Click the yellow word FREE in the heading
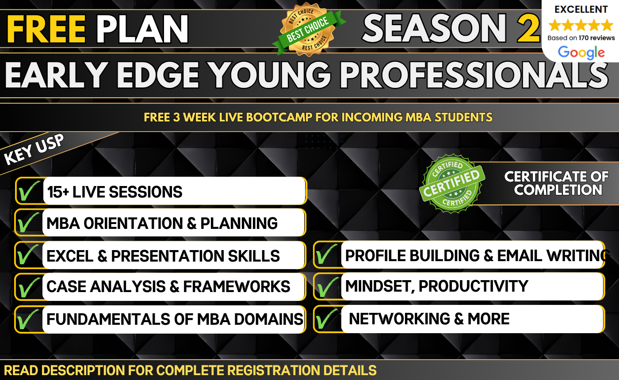[46, 29]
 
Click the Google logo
[581, 53]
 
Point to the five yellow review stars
[581, 25]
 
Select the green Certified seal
[451, 183]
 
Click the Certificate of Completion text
[556, 183]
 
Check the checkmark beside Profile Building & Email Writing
[328, 255]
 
